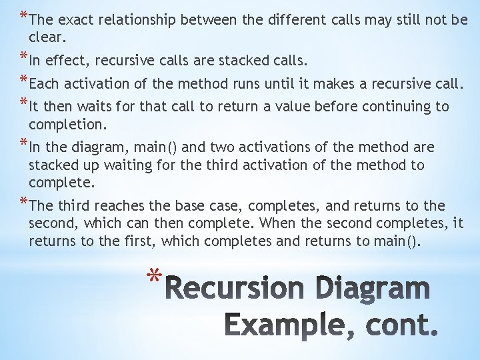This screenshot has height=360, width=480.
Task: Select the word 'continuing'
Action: (389, 107)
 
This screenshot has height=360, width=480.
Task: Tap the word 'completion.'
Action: (67, 125)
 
